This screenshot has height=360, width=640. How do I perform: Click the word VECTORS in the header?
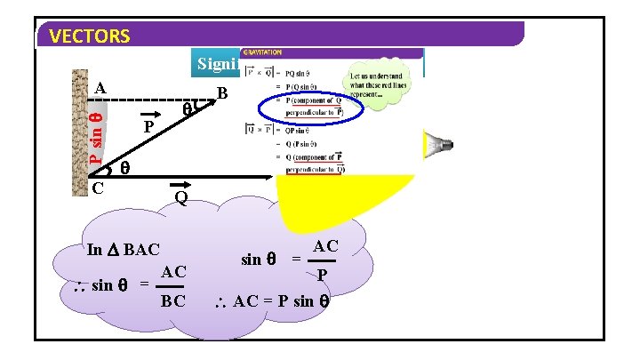point(91,36)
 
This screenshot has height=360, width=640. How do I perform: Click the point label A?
point(100,89)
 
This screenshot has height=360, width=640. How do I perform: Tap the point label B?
point(223,93)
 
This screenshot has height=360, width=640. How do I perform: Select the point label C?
point(98,188)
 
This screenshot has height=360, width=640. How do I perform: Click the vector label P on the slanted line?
point(149,128)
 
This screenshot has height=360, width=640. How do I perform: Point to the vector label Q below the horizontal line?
point(180,196)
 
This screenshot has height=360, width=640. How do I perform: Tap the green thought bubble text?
point(377,83)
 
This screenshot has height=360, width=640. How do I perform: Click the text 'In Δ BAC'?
point(124,250)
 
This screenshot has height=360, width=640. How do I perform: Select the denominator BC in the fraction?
point(172,301)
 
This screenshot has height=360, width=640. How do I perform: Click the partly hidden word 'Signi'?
point(217,64)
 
